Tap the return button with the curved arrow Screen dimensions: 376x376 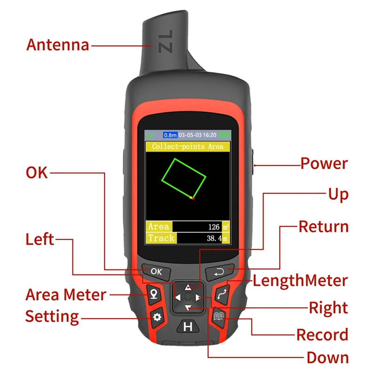click(x=219, y=271)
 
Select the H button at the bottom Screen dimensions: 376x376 click(x=188, y=327)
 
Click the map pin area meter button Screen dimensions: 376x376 click(x=153, y=295)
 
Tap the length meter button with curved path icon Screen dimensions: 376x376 click(x=222, y=294)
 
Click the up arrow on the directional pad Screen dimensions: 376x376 click(x=188, y=287)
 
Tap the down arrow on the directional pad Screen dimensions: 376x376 click(x=188, y=308)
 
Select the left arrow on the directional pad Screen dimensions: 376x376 click(x=177, y=298)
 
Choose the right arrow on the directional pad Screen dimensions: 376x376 click(x=199, y=298)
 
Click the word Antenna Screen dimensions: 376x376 click(x=57, y=45)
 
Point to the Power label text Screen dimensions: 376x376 click(x=324, y=164)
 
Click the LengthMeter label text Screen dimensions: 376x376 click(x=300, y=281)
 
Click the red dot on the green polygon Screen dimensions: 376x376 click(x=193, y=198)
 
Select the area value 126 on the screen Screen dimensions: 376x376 click(x=213, y=227)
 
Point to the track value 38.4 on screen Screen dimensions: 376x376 click(x=214, y=238)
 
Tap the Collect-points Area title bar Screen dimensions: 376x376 click(x=188, y=147)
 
